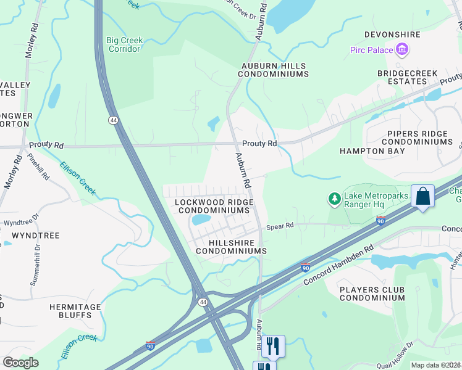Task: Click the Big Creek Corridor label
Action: (x=124, y=44)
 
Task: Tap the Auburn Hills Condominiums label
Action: (x=274, y=69)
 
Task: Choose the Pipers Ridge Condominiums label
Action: (x=419, y=138)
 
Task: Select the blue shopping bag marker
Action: (x=422, y=197)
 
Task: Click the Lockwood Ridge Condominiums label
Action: (x=214, y=206)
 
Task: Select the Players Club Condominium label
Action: (x=372, y=294)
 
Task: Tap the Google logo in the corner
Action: (x=21, y=363)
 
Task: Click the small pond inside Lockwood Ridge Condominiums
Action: (x=202, y=220)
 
